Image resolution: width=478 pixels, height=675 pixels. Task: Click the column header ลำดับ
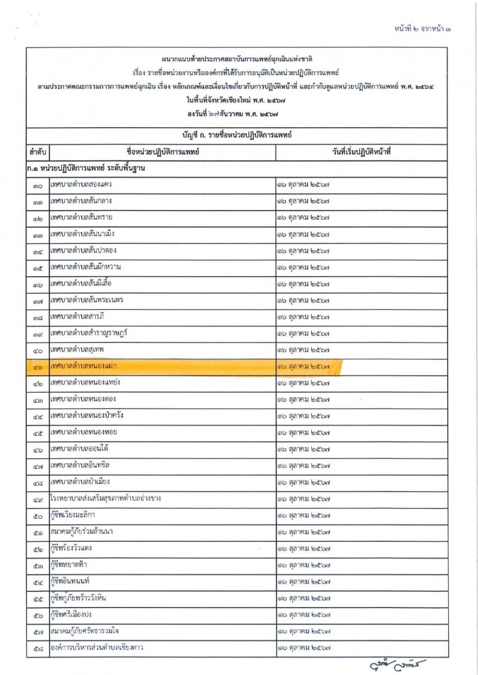click(x=38, y=152)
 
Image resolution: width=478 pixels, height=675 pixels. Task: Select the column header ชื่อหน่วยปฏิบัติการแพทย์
click(x=163, y=152)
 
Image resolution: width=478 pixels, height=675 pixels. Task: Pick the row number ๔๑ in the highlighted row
click(x=38, y=365)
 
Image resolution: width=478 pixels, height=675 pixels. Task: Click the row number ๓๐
click(x=38, y=186)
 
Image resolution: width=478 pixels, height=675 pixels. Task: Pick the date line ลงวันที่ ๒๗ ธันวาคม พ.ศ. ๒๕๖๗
click(x=238, y=113)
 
